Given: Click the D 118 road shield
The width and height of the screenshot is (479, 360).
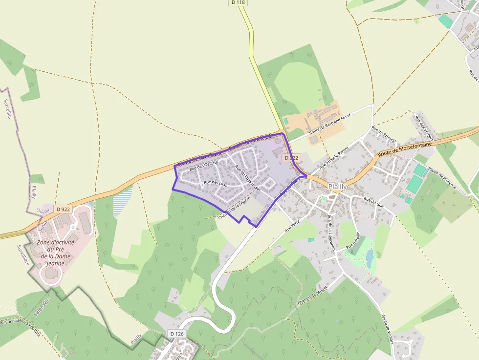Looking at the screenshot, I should coord(238,2).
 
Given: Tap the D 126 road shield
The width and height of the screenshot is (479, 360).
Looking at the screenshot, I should coord(177,333).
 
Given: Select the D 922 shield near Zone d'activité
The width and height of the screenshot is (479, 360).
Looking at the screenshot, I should coord(64,209).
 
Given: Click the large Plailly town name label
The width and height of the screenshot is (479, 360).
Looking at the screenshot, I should coord(338,187).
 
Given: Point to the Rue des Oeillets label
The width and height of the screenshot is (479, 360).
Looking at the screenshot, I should coord(204,166).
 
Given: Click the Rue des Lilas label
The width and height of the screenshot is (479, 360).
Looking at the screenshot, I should coord(216,184).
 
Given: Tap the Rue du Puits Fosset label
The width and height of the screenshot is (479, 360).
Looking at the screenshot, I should coord(248,178).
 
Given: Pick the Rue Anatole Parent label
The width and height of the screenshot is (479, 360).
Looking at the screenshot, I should coord(334,157).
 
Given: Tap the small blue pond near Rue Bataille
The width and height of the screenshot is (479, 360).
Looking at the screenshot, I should coord(370,256).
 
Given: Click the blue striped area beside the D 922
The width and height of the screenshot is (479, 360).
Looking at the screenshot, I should coord(122,200).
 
